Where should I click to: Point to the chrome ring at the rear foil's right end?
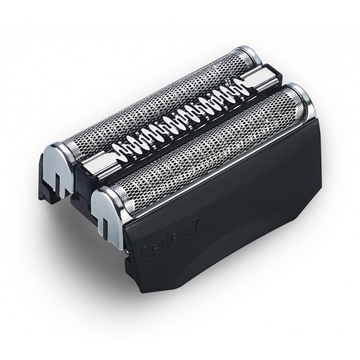(250, 54)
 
